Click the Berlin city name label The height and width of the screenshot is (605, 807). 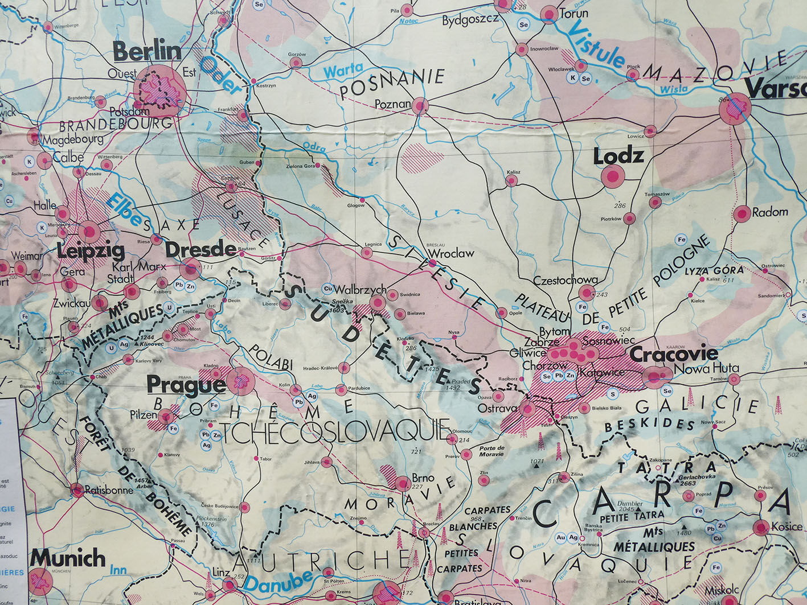[x=147, y=51]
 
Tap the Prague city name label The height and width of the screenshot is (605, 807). [x=186, y=385]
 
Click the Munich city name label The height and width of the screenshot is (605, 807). [x=68, y=557]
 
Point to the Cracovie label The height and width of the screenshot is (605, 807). [x=673, y=354]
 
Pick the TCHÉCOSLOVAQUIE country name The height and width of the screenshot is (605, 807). [x=337, y=432]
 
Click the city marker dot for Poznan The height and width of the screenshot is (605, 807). [x=420, y=106]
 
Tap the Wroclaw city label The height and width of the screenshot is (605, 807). [x=450, y=253]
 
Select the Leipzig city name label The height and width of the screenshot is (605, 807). [x=91, y=250]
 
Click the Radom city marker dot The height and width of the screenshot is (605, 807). [x=741, y=214]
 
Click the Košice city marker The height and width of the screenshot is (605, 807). [x=761, y=528]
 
